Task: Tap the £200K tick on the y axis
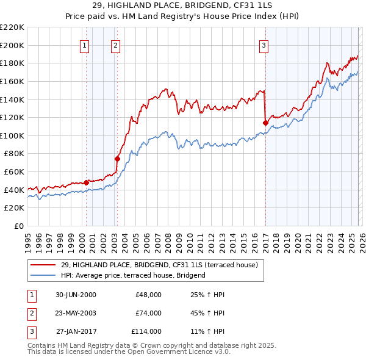coord(13,45)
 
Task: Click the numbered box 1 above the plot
coord(84,45)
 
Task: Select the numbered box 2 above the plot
coord(115,45)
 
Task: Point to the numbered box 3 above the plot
coord(264,45)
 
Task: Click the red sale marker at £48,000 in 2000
coord(87,182)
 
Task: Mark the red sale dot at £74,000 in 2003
coord(117,159)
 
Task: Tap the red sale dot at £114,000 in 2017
coord(265,123)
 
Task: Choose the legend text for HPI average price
coord(133,275)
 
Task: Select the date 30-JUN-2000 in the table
coord(76,295)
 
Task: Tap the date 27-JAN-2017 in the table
coord(76,331)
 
